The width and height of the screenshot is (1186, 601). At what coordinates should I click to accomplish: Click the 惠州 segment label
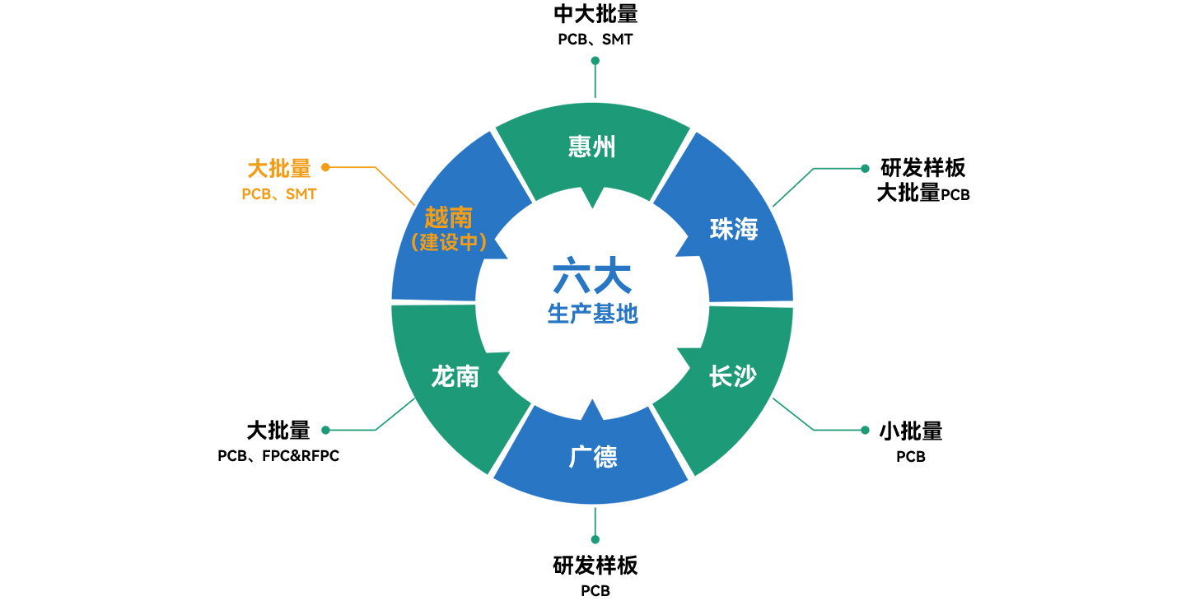592,147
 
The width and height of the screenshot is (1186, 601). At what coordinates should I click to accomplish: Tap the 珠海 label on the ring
733,230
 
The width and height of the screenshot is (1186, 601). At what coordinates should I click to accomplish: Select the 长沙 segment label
733,377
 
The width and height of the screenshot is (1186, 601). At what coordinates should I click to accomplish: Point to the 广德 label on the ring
593,457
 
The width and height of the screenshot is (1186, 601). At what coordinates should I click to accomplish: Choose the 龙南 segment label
455,377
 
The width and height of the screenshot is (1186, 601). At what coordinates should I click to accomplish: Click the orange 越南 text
448,217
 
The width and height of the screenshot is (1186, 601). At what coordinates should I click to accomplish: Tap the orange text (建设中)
448,243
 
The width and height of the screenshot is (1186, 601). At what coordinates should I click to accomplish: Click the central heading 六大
592,277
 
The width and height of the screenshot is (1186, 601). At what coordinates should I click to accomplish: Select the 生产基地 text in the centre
592,314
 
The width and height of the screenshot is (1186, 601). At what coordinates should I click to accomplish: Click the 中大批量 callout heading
595,14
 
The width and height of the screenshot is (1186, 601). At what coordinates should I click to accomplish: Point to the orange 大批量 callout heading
279,169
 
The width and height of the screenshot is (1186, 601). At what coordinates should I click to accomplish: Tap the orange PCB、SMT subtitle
279,195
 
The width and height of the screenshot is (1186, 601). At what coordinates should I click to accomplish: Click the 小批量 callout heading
910,431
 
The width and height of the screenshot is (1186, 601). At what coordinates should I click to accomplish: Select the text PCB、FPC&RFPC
278,456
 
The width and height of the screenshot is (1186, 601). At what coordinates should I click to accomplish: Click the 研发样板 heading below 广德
595,566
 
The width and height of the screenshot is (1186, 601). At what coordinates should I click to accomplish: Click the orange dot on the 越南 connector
325,167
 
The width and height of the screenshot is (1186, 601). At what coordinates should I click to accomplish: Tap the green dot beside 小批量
865,430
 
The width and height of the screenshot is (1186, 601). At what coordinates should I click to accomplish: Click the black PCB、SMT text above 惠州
595,39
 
